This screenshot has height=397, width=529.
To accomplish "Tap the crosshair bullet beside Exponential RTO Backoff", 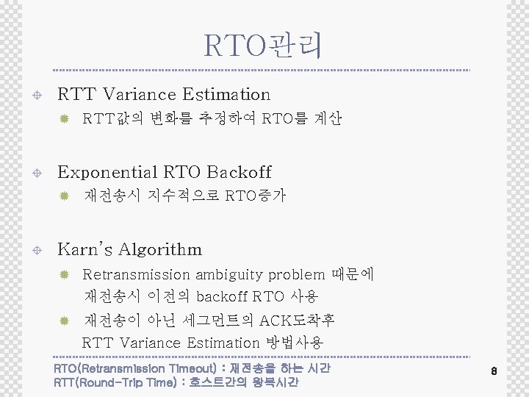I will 37,173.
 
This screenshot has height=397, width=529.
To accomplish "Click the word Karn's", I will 84,248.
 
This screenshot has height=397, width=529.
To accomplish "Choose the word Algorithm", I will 158,250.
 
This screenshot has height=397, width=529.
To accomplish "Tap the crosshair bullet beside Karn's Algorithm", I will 37,250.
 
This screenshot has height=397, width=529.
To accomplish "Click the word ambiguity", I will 228,275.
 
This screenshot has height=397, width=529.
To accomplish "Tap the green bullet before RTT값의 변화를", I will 64,118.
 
